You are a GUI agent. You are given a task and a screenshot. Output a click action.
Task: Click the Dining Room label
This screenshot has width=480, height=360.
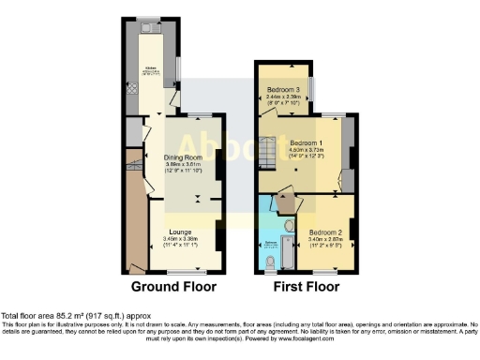(184, 157)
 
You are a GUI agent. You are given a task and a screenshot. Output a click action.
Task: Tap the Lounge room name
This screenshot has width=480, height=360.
(181, 231)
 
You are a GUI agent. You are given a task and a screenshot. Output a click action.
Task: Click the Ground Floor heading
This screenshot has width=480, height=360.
(173, 286)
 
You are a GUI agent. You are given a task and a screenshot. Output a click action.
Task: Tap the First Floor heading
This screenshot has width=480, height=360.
(306, 286)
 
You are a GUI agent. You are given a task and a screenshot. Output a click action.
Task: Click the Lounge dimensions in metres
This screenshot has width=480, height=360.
(181, 239)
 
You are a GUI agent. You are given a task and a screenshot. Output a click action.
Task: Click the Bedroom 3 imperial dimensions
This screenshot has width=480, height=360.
(283, 102)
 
